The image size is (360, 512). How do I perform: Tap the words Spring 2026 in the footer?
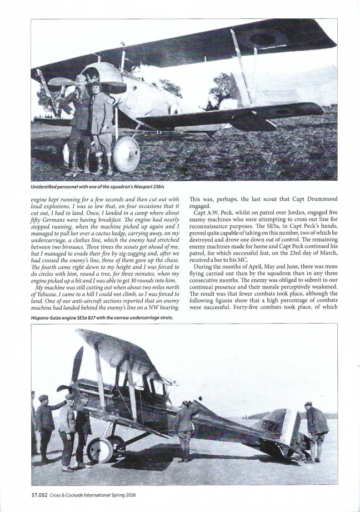point(123,495)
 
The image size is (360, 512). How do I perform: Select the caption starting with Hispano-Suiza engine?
point(102,317)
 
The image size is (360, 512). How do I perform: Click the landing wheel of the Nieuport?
point(126,153)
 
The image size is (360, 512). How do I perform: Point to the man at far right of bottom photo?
point(317,431)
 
